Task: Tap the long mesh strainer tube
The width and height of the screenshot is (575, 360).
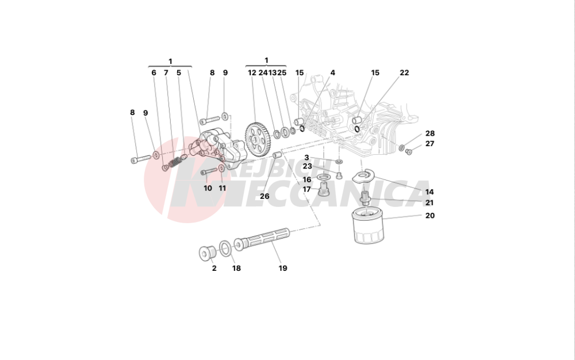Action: (x=265, y=239)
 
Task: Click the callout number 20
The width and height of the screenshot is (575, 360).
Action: (x=430, y=216)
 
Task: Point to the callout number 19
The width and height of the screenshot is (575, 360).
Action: (x=282, y=268)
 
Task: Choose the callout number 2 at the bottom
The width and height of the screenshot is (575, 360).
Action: (x=214, y=268)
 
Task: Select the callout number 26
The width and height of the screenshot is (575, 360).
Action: (x=264, y=196)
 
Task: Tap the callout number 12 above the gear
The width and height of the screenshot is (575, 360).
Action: (x=252, y=73)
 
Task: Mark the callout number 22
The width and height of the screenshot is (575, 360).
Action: (x=404, y=73)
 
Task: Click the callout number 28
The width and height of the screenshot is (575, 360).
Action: (x=430, y=133)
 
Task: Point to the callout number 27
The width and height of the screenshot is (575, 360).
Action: (x=430, y=144)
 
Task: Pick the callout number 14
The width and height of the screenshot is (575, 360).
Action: (x=430, y=192)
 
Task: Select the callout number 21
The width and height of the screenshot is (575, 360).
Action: (x=430, y=203)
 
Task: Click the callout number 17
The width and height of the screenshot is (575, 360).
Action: (x=307, y=189)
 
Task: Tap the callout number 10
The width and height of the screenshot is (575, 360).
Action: (x=208, y=188)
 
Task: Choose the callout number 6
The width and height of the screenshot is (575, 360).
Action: (x=154, y=73)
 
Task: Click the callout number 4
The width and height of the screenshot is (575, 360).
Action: (x=332, y=73)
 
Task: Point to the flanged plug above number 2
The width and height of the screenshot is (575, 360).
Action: (x=206, y=252)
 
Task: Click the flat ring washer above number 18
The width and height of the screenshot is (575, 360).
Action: (x=226, y=248)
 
